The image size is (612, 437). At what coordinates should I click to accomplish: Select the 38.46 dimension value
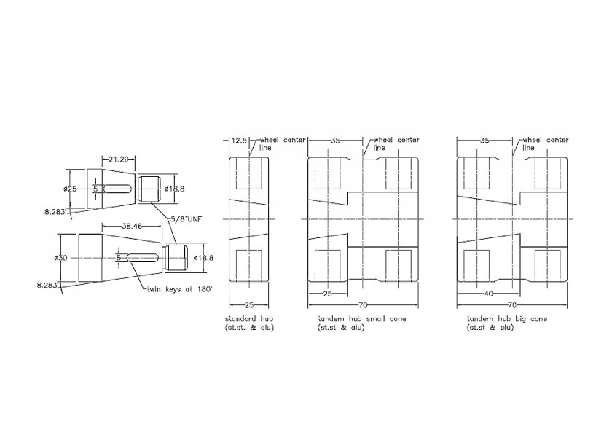tap(132, 226)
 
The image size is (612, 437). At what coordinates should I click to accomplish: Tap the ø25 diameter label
tap(70, 189)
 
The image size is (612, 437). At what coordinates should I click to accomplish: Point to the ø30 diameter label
tap(61, 258)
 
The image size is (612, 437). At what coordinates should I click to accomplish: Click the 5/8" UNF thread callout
tap(187, 219)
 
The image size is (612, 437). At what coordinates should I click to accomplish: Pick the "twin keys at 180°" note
tap(179, 290)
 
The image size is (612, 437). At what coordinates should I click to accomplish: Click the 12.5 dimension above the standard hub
tap(239, 140)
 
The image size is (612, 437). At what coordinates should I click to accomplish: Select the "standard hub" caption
tap(249, 319)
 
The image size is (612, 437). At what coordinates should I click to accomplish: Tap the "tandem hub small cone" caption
tap(362, 319)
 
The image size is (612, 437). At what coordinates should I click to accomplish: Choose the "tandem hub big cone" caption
tap(507, 319)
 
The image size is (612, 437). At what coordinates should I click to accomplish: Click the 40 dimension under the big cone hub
tap(488, 294)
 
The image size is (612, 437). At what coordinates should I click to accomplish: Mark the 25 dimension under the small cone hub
tap(327, 294)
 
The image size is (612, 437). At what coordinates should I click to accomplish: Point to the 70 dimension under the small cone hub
tap(363, 304)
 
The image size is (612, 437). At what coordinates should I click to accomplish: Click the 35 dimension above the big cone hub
tap(484, 141)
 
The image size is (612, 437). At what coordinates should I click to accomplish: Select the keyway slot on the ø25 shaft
tap(117, 189)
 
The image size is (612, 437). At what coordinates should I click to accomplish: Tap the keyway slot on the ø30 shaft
tap(142, 258)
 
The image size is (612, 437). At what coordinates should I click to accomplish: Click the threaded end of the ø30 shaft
tap(176, 258)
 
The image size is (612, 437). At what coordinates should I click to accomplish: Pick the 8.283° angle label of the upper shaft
tap(56, 212)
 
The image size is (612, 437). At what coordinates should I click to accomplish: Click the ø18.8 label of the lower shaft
tap(204, 258)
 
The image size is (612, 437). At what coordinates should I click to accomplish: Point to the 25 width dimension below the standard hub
tap(249, 304)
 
